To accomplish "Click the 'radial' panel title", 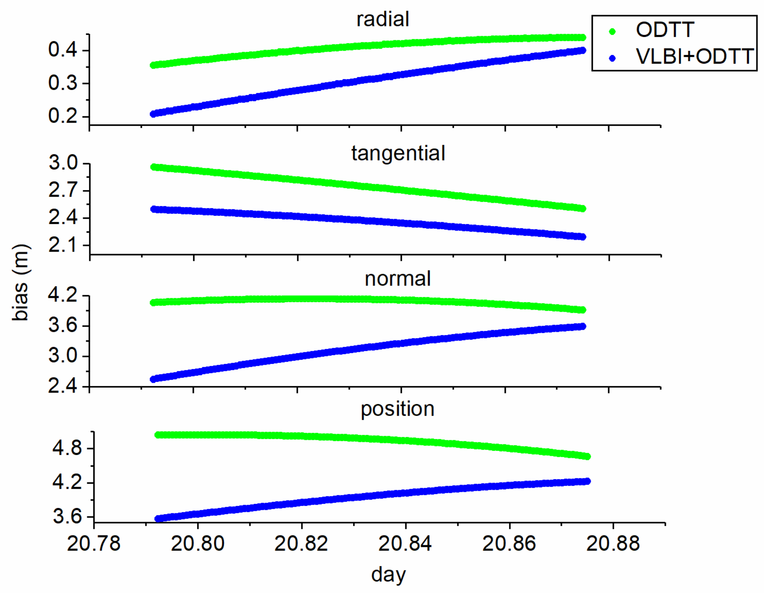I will [383, 20].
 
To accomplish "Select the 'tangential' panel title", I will [398, 154].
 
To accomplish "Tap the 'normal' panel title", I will [398, 279].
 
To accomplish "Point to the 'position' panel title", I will [398, 409].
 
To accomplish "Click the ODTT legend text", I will [665, 30].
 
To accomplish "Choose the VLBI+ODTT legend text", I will [695, 57].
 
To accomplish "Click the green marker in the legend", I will [612, 32].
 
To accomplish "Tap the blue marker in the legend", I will [612, 58].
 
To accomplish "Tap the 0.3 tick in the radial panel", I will [63, 83].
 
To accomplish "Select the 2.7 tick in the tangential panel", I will [63, 191].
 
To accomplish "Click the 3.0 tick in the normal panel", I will [63, 356].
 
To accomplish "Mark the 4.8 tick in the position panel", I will [67, 448].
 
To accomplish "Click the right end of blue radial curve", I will [582, 50].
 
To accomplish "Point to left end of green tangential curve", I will [153, 167].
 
